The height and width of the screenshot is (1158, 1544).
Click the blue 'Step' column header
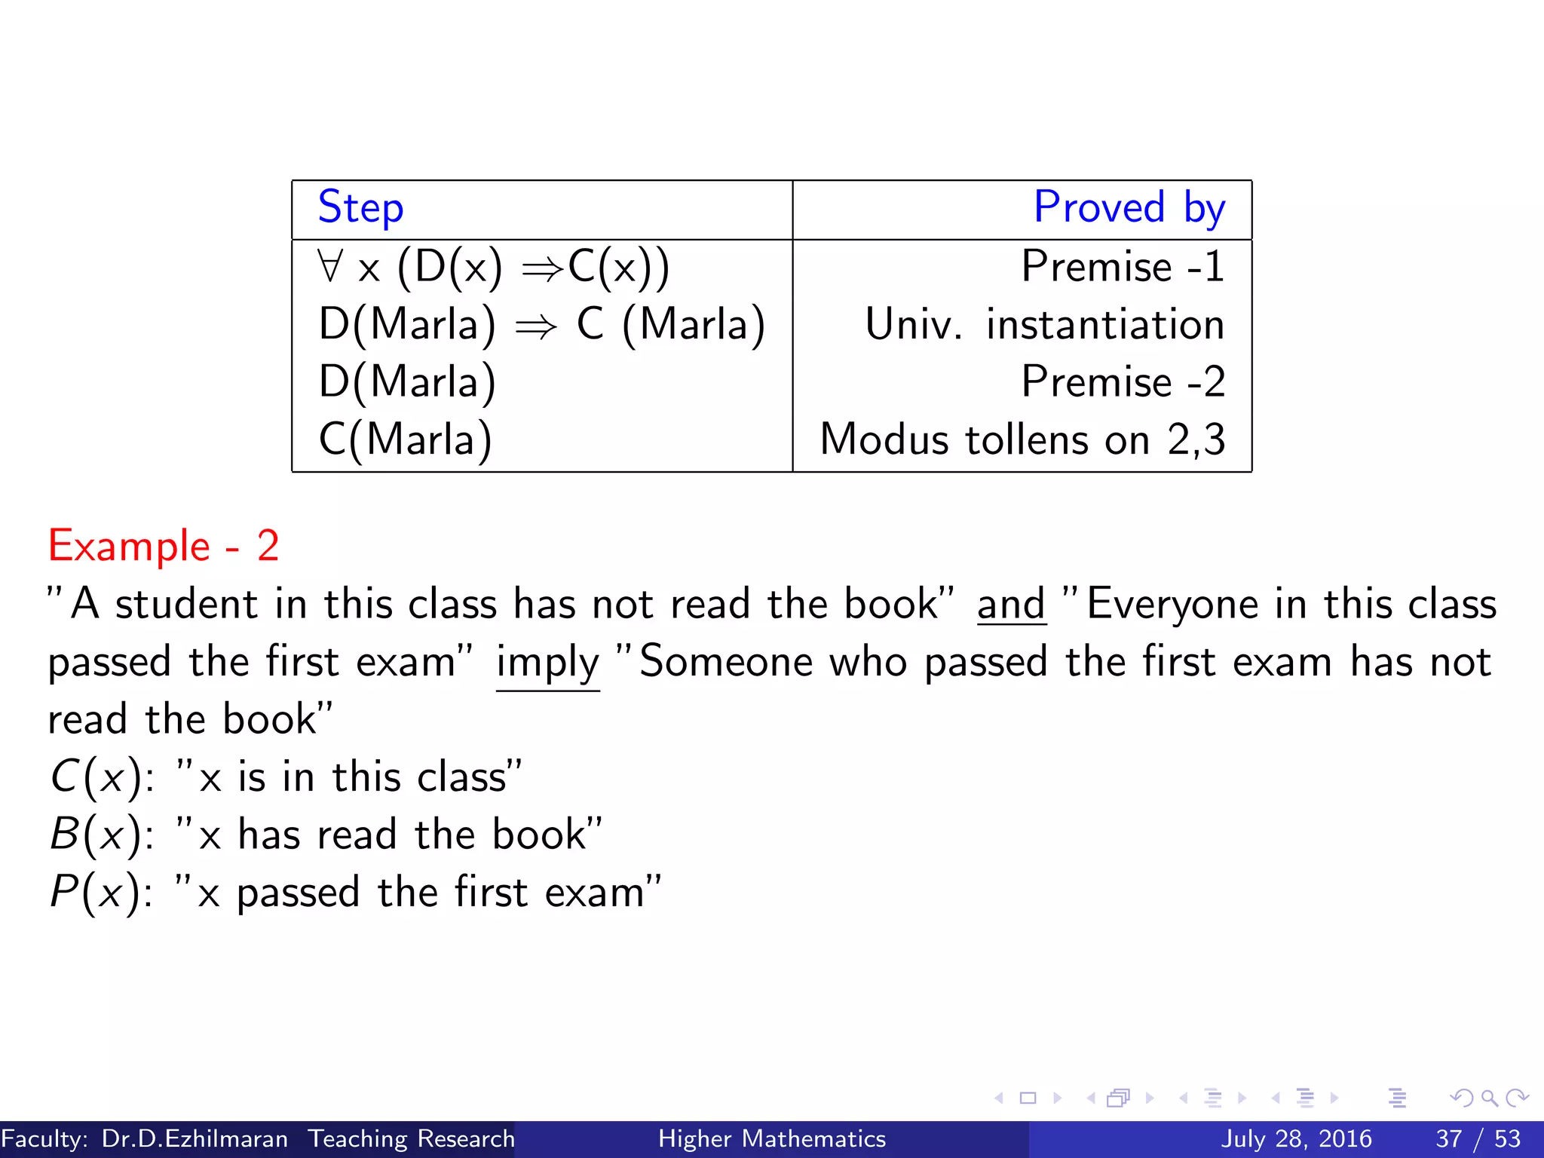(x=360, y=207)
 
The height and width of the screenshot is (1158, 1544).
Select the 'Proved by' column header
(x=1129, y=207)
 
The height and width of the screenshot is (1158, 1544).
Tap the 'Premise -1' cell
(x=1123, y=266)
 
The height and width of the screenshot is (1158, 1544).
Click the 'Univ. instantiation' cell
(x=1044, y=324)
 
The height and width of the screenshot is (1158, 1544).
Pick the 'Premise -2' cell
(x=1123, y=381)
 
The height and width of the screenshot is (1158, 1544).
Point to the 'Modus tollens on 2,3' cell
(x=1022, y=440)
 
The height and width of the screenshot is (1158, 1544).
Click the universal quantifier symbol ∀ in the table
(x=329, y=266)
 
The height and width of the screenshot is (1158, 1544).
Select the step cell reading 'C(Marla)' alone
(x=406, y=440)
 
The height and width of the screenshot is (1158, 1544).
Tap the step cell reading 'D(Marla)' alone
(x=407, y=381)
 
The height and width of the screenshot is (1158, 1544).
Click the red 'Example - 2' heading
(x=164, y=546)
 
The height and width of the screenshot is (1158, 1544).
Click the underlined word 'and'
(x=1011, y=605)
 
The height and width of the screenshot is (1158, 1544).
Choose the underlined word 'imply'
(x=547, y=663)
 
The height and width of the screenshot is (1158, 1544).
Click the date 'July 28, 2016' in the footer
(x=1296, y=1138)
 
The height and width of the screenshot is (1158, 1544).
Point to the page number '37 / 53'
(x=1478, y=1138)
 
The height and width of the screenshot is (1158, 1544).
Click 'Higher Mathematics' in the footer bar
(x=772, y=1138)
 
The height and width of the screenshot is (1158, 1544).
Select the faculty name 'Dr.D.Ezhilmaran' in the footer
(x=195, y=1138)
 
